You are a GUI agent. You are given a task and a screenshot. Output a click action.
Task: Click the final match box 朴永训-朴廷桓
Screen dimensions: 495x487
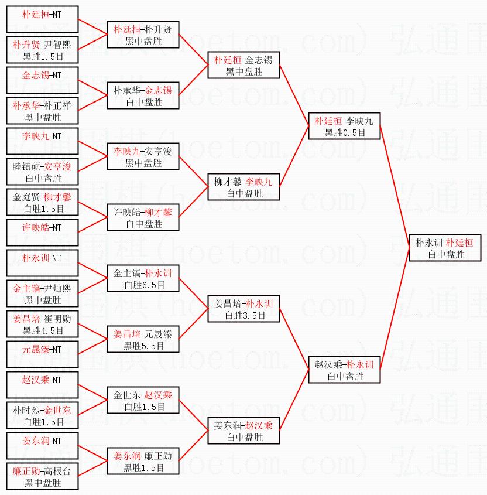445,248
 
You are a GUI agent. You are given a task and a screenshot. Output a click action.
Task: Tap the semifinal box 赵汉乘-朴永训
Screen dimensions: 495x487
344,370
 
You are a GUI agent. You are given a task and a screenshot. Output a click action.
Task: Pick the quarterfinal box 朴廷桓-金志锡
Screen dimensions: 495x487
244,65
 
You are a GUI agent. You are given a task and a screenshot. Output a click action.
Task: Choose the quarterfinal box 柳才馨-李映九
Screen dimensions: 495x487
244,187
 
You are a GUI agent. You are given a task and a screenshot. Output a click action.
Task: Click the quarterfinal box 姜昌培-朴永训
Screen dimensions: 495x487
244,309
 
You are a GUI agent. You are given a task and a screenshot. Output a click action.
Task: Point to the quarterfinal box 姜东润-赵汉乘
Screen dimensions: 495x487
244,431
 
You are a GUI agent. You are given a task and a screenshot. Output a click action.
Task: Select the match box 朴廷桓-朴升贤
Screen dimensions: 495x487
143,35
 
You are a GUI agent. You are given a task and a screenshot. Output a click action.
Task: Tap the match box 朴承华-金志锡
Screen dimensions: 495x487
143,95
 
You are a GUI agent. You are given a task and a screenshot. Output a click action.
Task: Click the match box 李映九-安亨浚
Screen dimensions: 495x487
143,157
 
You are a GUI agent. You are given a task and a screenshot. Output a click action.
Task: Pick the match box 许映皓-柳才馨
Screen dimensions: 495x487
143,218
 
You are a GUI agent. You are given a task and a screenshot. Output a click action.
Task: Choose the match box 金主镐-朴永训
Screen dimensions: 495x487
143,279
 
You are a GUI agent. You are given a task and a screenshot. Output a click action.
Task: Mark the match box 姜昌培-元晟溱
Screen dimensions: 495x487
143,340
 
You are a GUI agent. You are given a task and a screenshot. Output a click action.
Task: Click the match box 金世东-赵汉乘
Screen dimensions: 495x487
143,401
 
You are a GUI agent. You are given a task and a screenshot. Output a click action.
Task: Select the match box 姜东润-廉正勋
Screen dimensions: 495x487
143,462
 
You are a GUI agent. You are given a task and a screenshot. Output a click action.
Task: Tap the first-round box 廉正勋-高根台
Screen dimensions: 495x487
42,477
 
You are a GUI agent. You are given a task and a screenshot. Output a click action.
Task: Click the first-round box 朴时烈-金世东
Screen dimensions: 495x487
42,416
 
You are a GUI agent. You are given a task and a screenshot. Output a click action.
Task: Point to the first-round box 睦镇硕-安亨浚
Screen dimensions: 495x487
42,172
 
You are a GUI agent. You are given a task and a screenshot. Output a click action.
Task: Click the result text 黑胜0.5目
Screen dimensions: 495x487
344,133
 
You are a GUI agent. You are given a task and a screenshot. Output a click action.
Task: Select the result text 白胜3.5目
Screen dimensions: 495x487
244,316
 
